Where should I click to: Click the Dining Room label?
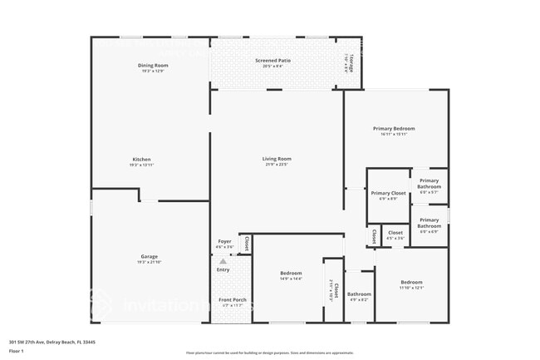(153, 65)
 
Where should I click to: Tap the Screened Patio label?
(272, 61)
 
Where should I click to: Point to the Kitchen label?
(141, 159)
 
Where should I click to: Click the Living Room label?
(277, 158)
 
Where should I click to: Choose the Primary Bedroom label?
(393, 129)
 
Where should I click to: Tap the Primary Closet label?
(388, 193)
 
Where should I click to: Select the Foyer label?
(224, 242)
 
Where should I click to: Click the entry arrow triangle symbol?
(223, 261)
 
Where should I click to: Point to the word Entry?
(223, 269)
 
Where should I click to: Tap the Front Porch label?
(230, 299)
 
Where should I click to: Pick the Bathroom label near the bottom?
(359, 293)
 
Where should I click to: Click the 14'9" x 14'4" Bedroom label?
(291, 273)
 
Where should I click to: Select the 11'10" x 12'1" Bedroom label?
(411, 282)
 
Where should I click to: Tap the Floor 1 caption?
(17, 351)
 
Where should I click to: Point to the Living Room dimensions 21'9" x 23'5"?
(277, 165)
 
